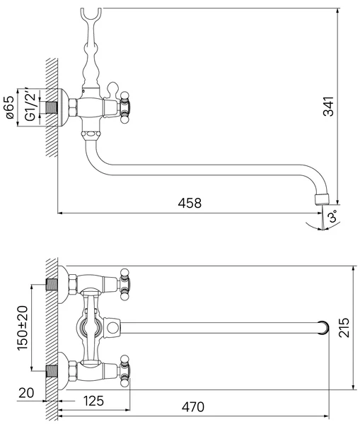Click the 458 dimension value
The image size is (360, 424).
[x=190, y=203]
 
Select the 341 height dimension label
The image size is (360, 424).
[x=329, y=106]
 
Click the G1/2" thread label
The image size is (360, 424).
[x=30, y=104]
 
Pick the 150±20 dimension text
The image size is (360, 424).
[x=23, y=328]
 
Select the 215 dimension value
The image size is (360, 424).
[x=344, y=328]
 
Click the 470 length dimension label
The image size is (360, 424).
[x=193, y=407]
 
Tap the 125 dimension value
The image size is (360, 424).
[x=93, y=401]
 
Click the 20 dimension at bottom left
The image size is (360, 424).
[x=26, y=393]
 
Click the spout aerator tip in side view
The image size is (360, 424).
[x=322, y=199]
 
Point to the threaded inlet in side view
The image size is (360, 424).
[x=51, y=107]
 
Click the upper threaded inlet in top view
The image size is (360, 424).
[x=52, y=285]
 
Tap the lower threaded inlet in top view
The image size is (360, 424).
[x=52, y=371]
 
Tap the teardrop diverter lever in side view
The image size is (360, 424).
[x=112, y=90]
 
